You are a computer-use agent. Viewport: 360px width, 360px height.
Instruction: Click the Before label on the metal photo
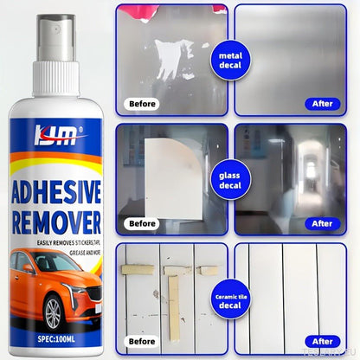click(141, 103)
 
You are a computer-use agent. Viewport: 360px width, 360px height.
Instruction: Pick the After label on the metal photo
click(321, 103)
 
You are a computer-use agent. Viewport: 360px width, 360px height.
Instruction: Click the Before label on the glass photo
click(141, 223)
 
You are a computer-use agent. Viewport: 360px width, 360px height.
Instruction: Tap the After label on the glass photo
click(321, 223)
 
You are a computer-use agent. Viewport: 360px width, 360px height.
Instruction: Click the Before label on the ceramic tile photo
click(141, 341)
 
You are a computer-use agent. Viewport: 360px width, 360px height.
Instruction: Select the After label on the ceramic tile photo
click(321, 341)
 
